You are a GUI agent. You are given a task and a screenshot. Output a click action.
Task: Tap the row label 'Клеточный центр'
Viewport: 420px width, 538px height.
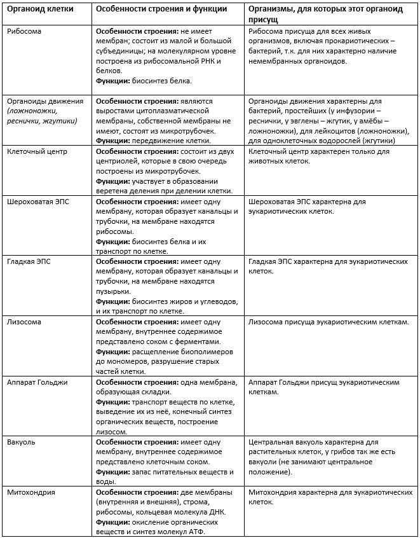point(37,152)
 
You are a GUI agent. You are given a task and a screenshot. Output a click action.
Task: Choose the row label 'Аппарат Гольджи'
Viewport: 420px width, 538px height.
point(37,382)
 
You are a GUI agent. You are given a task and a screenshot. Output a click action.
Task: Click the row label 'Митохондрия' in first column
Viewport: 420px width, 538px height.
point(30,492)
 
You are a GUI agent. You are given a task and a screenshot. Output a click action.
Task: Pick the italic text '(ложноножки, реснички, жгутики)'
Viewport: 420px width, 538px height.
point(41,116)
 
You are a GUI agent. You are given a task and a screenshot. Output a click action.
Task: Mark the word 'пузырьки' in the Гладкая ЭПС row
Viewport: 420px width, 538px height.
point(113,291)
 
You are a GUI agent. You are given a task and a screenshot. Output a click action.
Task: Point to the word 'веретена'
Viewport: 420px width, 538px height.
point(113,191)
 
